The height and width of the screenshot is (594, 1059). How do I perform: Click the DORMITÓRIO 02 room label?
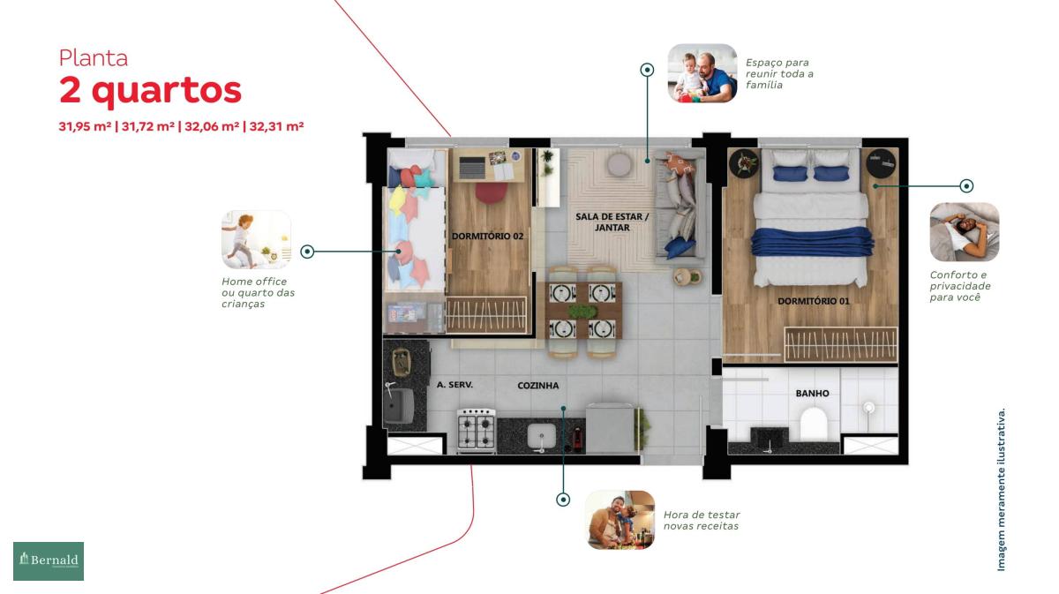click(x=487, y=236)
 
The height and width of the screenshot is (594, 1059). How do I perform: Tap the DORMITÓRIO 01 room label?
click(x=813, y=301)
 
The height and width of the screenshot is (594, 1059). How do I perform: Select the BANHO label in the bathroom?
click(x=812, y=393)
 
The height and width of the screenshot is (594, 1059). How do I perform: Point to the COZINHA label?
click(x=538, y=386)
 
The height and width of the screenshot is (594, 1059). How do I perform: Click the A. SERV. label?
click(x=454, y=385)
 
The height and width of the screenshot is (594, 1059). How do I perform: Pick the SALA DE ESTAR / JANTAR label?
click(x=612, y=222)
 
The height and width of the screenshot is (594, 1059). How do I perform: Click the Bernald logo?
click(x=49, y=560)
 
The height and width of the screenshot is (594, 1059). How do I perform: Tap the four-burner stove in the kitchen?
click(x=477, y=429)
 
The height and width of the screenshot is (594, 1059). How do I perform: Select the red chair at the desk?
click(x=492, y=192)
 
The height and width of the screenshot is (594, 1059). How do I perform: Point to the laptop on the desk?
click(x=472, y=168)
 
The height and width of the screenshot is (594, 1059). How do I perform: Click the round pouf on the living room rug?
click(x=620, y=165)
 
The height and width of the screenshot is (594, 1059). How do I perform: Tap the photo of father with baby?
click(x=702, y=73)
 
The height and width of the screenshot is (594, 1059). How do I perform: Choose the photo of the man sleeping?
click(x=965, y=232)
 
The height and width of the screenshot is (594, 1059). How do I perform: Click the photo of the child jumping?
click(x=256, y=240)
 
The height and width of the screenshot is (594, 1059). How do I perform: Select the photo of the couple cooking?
click(x=620, y=520)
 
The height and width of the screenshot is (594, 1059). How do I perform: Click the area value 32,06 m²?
click(x=212, y=127)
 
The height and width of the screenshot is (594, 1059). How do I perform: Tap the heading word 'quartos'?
click(x=167, y=91)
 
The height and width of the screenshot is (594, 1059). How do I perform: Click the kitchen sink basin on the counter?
click(x=541, y=436)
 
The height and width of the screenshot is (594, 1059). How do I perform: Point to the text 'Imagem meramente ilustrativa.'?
click(x=1001, y=490)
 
